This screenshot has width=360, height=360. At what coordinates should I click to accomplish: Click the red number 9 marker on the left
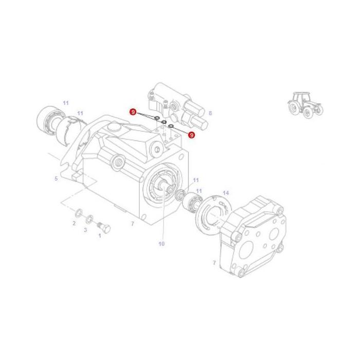(133, 112)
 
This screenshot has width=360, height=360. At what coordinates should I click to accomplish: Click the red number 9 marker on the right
(191, 135)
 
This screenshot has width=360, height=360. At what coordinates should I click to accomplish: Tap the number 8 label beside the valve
(210, 113)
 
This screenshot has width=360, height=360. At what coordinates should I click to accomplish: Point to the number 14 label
(225, 193)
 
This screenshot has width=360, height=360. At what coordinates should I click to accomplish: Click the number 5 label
(56, 179)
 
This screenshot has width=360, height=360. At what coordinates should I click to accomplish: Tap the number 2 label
(74, 223)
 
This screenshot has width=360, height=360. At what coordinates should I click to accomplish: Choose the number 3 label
(85, 229)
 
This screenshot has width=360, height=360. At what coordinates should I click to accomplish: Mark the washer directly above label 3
(89, 218)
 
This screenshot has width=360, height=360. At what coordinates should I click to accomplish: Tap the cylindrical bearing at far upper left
(48, 119)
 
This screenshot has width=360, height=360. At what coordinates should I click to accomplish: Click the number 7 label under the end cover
(214, 263)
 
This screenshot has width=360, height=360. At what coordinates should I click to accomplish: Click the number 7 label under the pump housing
(132, 224)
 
